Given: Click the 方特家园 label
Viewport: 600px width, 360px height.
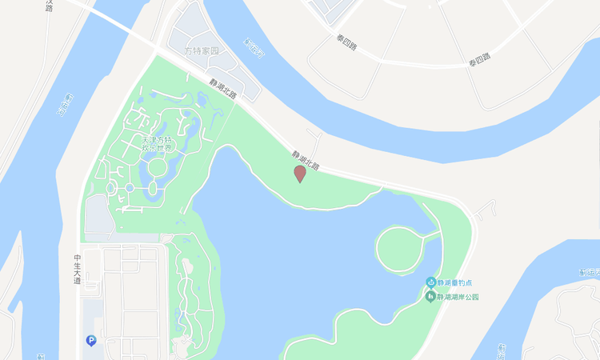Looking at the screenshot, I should click(x=202, y=50).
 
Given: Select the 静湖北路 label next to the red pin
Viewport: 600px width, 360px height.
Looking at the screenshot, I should click(x=305, y=161).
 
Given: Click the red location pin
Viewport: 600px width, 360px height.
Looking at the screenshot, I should click(x=300, y=173).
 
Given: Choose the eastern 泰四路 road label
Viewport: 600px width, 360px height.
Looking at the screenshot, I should click(x=479, y=58).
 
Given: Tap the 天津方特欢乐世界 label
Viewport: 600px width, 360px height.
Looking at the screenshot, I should click(x=157, y=144).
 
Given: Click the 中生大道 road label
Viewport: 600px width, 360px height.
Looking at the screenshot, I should click(x=78, y=269).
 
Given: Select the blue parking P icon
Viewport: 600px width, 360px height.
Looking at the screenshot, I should click(x=91, y=341).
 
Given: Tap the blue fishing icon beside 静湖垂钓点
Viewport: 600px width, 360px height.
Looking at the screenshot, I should click(x=430, y=283).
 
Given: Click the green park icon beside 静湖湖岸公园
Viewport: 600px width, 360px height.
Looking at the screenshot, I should click(x=430, y=297).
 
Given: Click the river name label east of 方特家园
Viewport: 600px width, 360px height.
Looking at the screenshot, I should click(x=254, y=49).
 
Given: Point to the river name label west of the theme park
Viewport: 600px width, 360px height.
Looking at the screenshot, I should click(x=67, y=105).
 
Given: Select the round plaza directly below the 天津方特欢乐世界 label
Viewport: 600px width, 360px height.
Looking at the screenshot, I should click(x=158, y=167).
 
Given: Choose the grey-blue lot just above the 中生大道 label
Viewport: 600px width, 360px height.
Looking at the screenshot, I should click(x=98, y=214).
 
